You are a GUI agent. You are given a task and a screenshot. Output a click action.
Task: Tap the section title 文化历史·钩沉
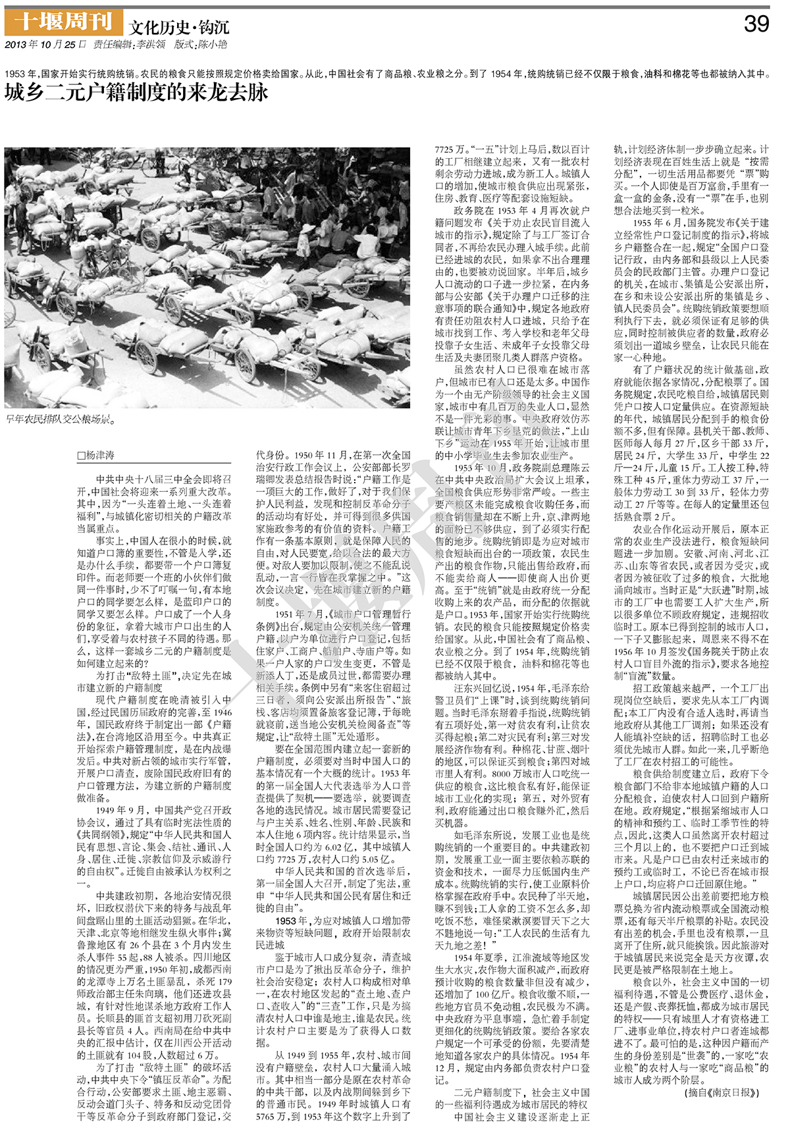click(179, 27)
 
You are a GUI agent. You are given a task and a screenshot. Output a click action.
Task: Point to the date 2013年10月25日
click(41, 45)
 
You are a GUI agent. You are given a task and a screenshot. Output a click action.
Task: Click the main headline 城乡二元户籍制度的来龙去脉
click(136, 92)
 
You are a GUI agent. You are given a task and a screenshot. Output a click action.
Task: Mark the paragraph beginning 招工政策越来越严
click(691, 724)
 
